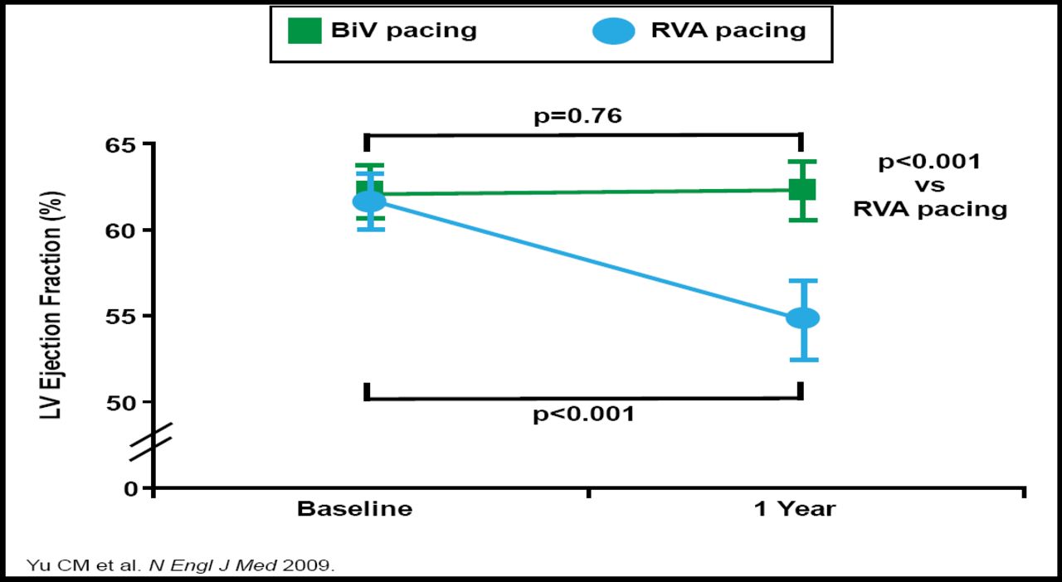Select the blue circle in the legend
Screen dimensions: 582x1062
pos(615,32)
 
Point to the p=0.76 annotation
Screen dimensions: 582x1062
pos(577,115)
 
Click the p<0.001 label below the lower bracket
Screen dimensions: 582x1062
pos(583,414)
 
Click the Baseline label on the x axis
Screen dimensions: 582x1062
pos(354,508)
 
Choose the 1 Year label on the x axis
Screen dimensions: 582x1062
pos(794,508)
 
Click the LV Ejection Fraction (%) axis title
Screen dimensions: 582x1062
pos(53,304)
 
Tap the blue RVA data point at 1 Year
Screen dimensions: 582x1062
pos(802,318)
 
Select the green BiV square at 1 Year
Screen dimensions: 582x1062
pos(802,190)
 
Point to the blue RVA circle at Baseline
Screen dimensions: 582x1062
pos(369,201)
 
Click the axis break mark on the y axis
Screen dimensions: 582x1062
pos(151,442)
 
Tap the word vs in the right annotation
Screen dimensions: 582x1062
pos(929,185)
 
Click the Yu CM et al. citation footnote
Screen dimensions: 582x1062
pos(181,566)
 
